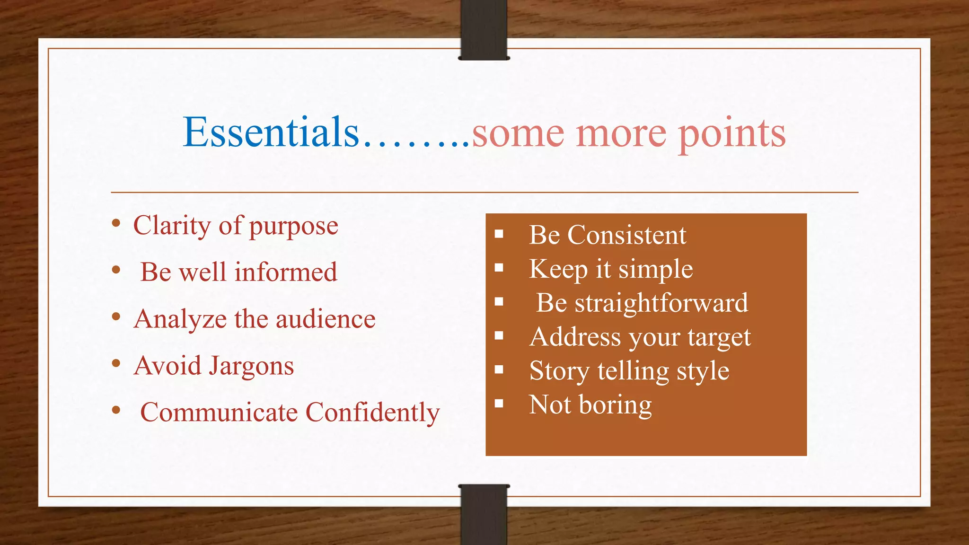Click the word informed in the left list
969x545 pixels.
point(286,272)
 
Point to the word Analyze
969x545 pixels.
point(180,319)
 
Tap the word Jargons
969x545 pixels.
point(251,366)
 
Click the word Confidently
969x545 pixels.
point(373,413)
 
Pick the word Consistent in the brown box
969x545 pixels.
point(626,235)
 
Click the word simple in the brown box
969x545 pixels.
point(655,269)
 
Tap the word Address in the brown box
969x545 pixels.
point(575,337)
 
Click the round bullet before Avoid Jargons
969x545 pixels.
point(116,363)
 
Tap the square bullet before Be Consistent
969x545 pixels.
point(499,234)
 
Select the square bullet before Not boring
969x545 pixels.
point(499,404)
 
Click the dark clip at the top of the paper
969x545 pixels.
point(484,29)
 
